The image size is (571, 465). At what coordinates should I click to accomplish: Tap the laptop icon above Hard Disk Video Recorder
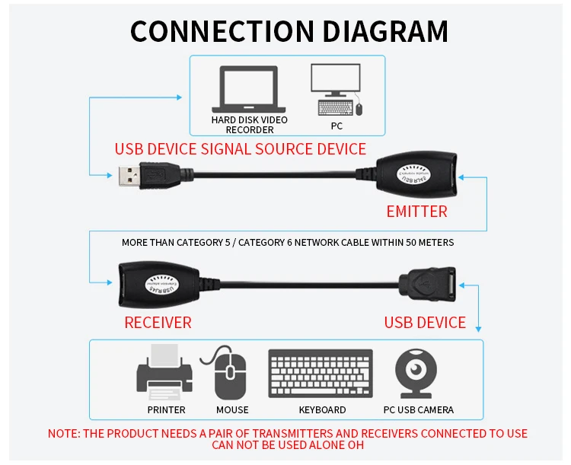tap(249, 89)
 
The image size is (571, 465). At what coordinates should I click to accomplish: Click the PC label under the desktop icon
tap(337, 126)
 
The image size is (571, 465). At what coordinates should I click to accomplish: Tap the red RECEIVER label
tap(158, 323)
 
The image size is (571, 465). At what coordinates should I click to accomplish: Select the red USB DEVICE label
tap(425, 323)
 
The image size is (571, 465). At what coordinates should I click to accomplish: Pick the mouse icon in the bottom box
tap(231, 373)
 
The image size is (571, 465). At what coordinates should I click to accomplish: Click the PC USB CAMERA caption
tap(418, 410)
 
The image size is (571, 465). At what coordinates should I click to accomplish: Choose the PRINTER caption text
tap(167, 410)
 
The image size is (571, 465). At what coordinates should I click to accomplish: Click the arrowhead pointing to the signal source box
tap(180, 97)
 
